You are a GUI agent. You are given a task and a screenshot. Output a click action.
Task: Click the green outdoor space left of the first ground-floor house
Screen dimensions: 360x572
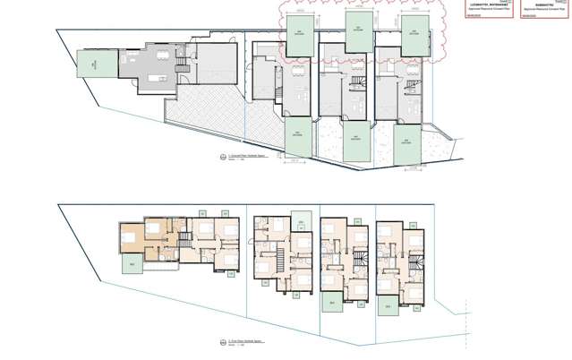click(x=90, y=65)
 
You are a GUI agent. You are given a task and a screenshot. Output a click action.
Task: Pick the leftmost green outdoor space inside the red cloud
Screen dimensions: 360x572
click(x=296, y=33)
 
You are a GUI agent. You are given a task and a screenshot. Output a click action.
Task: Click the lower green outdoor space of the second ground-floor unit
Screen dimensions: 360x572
click(x=296, y=137)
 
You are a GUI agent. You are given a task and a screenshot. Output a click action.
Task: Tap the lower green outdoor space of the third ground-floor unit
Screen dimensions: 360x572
click(x=357, y=141)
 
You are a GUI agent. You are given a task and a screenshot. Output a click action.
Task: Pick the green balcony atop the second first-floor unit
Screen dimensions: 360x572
click(x=303, y=222)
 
